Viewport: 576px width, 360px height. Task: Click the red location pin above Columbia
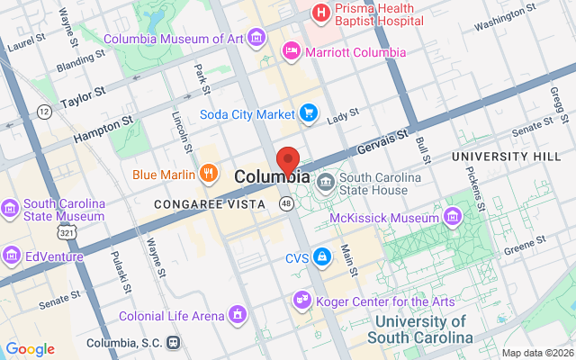click(288, 159)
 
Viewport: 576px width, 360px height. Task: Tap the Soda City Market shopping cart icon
click(309, 113)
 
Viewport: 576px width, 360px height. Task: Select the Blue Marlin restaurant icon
click(209, 173)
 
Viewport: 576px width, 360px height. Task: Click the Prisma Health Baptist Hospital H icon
click(319, 13)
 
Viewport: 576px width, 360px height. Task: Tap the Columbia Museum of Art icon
click(257, 37)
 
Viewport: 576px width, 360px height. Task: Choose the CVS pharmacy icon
click(321, 258)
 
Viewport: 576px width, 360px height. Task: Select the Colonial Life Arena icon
click(238, 315)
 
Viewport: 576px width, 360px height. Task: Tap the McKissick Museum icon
click(452, 216)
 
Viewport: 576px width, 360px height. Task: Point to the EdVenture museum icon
click(11, 256)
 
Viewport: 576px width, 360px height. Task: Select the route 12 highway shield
click(43, 111)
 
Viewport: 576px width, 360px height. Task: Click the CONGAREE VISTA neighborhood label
click(210, 204)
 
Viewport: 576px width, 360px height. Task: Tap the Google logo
click(30, 349)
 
